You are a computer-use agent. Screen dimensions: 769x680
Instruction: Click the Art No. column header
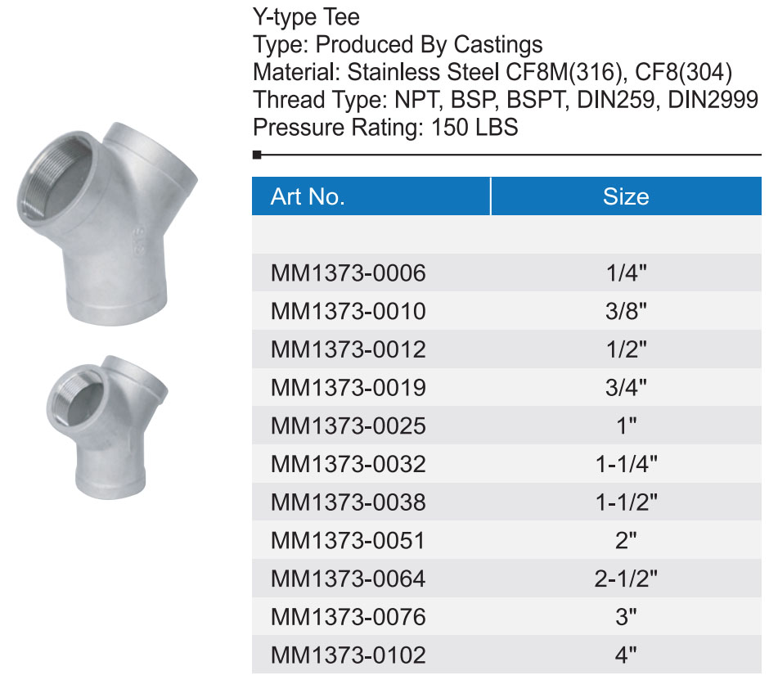(308, 196)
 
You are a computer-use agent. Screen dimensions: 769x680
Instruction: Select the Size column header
(626, 196)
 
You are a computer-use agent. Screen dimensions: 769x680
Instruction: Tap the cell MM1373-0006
(349, 272)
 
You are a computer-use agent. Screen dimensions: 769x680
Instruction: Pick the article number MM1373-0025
(349, 426)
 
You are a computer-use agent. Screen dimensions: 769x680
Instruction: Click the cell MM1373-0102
(349, 655)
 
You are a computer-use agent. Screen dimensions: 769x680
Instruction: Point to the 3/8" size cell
(626, 311)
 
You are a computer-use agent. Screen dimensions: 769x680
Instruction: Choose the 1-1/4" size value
(626, 464)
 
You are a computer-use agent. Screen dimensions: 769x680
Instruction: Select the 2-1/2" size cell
(626, 579)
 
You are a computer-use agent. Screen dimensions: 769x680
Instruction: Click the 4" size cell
(626, 655)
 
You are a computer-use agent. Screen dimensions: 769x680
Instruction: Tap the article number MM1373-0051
(349, 541)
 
